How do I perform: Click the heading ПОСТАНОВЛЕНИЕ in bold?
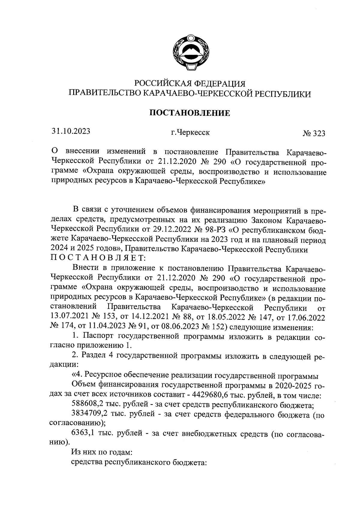point(190,113)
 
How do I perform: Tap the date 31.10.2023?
point(71,131)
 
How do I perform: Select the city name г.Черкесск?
point(190,132)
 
